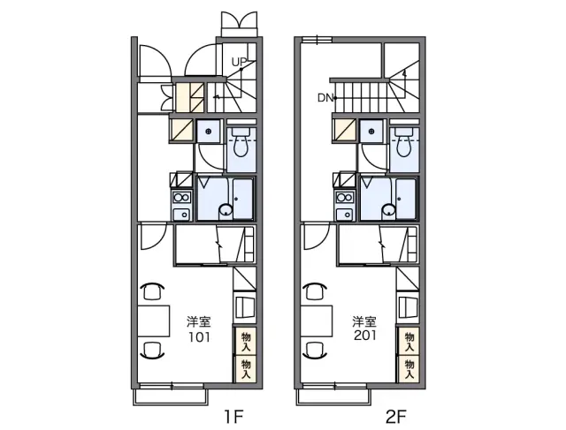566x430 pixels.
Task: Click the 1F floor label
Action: coord(233,417)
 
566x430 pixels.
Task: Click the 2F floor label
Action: coord(396,417)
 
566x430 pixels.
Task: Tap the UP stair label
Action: coord(238,63)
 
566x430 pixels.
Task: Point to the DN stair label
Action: coord(325,98)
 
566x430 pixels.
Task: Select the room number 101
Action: coord(199,337)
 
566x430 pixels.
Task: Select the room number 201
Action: coord(365,336)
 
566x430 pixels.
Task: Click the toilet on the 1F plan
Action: coord(241,142)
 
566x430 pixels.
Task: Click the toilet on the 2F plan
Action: coord(404,142)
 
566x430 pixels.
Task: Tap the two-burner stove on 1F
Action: coord(181,198)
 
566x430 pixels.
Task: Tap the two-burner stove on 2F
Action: coord(345,198)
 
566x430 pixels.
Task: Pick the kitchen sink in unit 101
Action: coord(182,215)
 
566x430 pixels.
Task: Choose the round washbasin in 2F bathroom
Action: coord(389,210)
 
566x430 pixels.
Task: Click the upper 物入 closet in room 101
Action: coord(246,341)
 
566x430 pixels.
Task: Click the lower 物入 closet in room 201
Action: coord(409,368)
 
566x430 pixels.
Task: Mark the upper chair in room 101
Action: coord(152,290)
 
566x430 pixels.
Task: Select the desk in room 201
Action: coord(317,321)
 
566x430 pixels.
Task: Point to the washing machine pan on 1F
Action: coord(209,132)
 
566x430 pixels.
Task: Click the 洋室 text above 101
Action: coord(199,321)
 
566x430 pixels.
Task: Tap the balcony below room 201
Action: coord(333,396)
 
